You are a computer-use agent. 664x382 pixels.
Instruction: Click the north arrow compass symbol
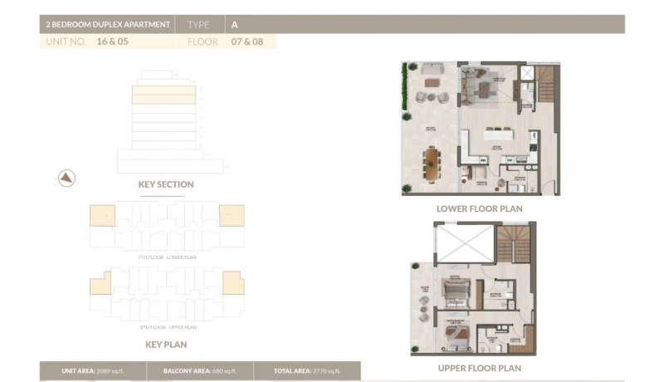(x=66, y=177)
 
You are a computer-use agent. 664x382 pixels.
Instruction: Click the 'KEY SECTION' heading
(x=166, y=184)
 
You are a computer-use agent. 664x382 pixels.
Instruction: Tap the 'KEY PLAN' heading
(x=166, y=344)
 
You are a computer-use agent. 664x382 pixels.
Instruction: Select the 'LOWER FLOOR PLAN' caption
(x=480, y=209)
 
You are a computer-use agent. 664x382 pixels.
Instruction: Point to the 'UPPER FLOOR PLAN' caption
(x=480, y=368)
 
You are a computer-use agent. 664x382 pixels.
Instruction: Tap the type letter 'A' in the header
(x=235, y=25)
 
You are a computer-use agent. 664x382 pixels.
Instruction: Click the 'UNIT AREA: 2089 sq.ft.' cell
(x=92, y=371)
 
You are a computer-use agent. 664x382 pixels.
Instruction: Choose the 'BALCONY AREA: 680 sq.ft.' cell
(x=198, y=371)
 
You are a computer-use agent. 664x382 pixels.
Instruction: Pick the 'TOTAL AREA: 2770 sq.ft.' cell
(x=306, y=371)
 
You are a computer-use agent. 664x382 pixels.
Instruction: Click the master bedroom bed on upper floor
(x=456, y=334)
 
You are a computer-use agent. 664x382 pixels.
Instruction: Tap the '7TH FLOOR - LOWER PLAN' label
(x=166, y=258)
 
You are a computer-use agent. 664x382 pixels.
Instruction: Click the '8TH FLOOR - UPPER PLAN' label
(x=166, y=327)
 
